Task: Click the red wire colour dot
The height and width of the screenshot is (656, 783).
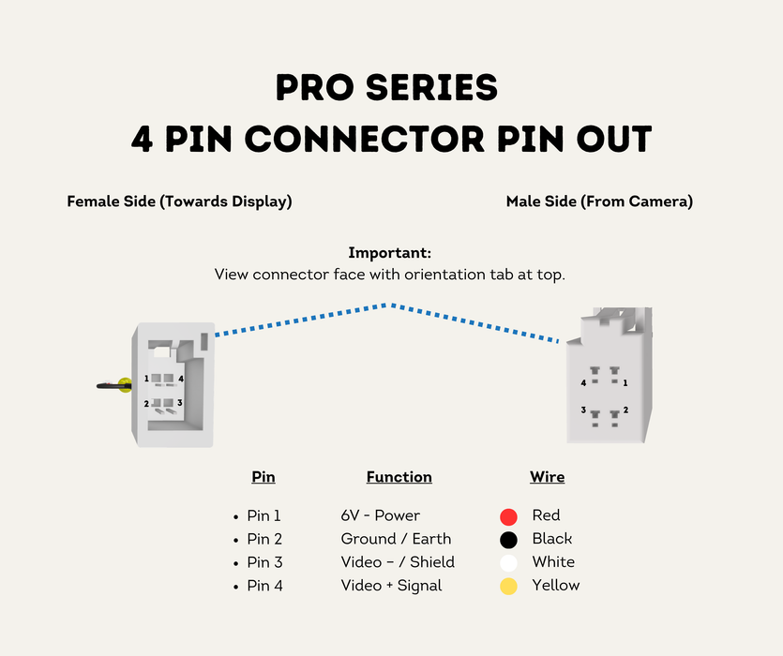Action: (508, 516)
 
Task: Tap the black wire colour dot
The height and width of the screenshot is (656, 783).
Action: (508, 540)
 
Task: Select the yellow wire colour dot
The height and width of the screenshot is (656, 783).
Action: (508, 586)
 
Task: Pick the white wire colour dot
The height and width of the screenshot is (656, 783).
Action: (508, 563)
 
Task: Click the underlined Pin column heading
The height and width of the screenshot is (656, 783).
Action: (264, 477)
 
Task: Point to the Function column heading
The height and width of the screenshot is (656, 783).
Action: (399, 477)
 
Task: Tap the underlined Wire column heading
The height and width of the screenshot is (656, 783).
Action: (548, 477)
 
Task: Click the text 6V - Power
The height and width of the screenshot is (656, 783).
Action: (380, 515)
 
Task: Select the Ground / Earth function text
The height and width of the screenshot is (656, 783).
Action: (396, 539)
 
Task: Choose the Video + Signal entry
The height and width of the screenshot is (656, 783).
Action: (392, 586)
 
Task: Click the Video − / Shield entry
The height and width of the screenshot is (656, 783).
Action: (398, 562)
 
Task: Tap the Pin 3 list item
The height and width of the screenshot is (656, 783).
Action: (264, 562)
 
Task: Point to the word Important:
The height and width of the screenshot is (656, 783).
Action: (389, 253)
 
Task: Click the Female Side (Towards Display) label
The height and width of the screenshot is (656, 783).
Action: (179, 201)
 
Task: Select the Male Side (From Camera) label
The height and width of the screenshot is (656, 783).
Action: (599, 201)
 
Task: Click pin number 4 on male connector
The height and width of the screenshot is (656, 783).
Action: (583, 383)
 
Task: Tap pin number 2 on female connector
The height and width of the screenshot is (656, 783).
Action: (146, 403)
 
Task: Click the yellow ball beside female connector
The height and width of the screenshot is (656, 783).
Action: (125, 385)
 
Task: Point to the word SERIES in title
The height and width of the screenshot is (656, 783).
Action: (431, 88)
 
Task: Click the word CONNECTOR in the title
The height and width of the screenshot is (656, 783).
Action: (365, 139)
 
